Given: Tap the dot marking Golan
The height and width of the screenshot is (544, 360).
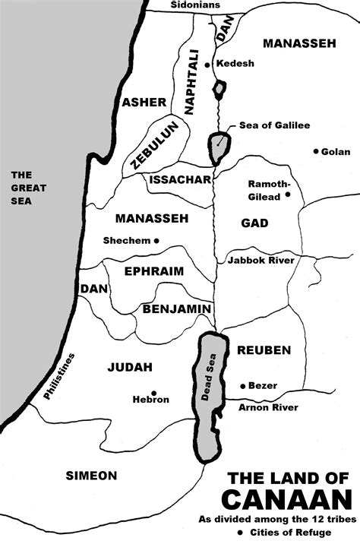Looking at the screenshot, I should [315, 151].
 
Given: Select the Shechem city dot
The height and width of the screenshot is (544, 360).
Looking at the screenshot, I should [156, 241].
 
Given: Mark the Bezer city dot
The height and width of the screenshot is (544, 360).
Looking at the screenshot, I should [242, 386].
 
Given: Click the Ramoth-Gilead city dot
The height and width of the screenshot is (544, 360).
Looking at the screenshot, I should [288, 195].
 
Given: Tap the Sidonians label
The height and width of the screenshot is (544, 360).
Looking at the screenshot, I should [194, 5].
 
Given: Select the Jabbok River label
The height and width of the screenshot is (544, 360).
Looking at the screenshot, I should [261, 261].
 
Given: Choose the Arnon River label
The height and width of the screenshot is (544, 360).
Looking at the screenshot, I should [268, 407].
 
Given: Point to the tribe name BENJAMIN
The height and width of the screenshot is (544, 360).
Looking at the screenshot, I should [175, 308].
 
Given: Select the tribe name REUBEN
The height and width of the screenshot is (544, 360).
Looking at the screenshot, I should [264, 349].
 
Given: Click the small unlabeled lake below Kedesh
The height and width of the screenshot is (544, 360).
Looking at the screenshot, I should [219, 90].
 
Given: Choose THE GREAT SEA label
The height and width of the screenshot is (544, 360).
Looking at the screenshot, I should [28, 188].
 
